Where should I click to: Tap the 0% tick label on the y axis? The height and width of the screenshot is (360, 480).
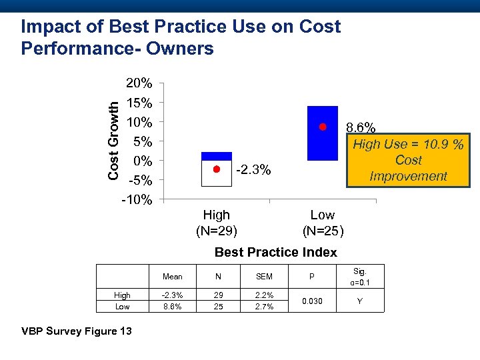(x=143, y=161)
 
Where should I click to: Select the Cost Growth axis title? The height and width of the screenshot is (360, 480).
(x=115, y=139)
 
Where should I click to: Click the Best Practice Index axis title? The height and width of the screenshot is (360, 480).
(x=275, y=252)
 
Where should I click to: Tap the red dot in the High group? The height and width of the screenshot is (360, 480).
(x=216, y=169)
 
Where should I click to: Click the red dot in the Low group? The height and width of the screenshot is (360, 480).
(x=322, y=127)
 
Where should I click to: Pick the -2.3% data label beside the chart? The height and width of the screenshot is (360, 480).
(x=253, y=170)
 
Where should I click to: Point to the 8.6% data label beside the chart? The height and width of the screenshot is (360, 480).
(x=361, y=127)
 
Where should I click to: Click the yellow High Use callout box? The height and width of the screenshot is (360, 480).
(x=408, y=160)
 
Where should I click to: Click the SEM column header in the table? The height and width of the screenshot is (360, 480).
(x=265, y=276)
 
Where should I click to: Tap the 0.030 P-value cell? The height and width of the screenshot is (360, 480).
(x=311, y=301)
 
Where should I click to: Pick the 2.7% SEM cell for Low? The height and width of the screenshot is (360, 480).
(x=265, y=307)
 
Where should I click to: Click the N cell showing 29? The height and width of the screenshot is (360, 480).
(x=218, y=295)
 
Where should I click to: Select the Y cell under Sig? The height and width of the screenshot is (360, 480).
(x=360, y=301)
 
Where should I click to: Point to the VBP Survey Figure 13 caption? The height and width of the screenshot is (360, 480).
(x=77, y=332)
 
